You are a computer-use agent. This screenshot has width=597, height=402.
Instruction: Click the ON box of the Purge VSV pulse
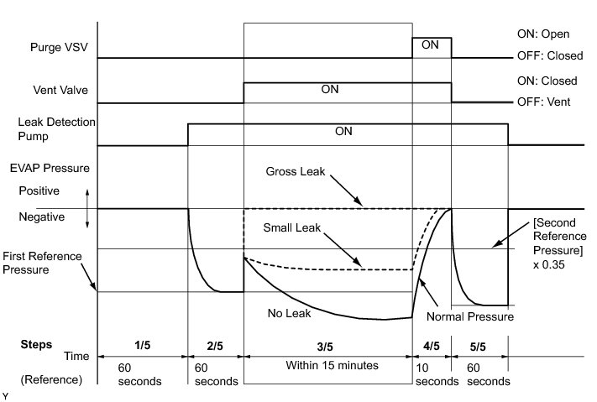(431, 46)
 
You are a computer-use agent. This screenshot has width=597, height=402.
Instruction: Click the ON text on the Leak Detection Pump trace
(343, 131)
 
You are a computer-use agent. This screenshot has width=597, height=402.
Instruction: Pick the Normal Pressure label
(469, 317)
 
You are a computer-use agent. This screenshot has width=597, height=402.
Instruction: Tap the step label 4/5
(431, 345)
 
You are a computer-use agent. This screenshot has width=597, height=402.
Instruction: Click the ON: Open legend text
(543, 34)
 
